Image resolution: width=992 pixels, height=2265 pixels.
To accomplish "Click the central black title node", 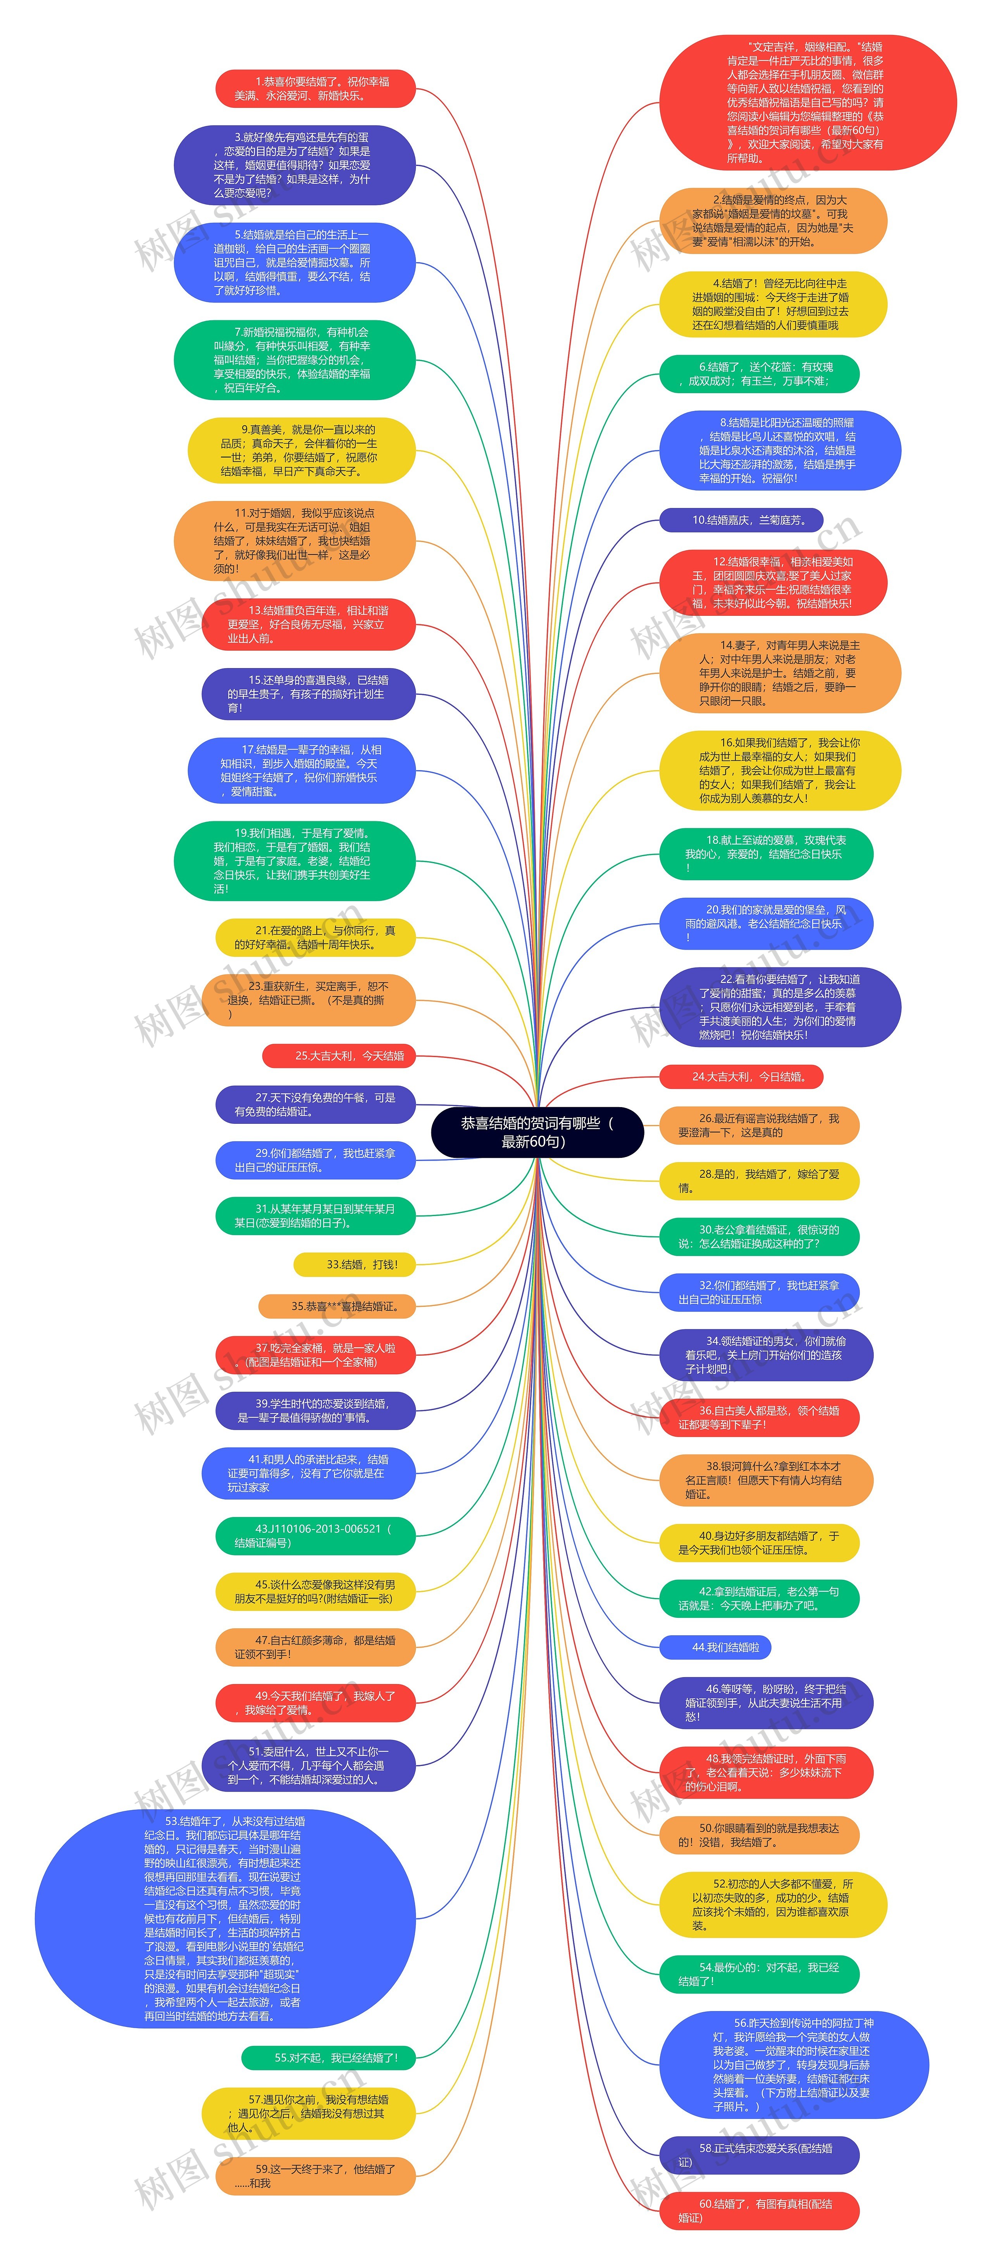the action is (537, 1132).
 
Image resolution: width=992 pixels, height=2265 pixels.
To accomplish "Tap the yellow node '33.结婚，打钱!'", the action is (354, 1265).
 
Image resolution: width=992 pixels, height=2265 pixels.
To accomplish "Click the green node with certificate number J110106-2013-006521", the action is (315, 1535).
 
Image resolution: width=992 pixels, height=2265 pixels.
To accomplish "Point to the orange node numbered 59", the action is (315, 2175).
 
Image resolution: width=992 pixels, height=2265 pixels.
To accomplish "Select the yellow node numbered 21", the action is (315, 937).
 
